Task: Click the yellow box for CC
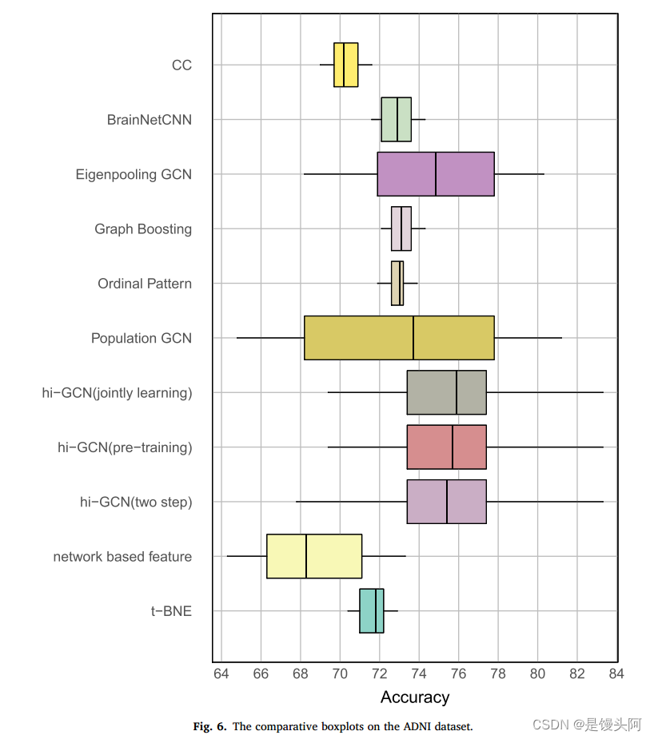click(345, 65)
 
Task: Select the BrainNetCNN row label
click(150, 120)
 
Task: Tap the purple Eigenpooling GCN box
click(435, 174)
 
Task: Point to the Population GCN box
click(399, 338)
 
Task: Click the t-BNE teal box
click(371, 611)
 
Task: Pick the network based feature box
click(313, 556)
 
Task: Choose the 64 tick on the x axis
click(221, 673)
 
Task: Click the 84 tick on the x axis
click(615, 673)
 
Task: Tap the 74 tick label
click(418, 673)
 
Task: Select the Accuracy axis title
click(415, 697)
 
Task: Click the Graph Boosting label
click(143, 229)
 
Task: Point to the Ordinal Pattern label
click(145, 284)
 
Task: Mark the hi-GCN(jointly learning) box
click(446, 392)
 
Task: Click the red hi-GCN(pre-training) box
click(446, 447)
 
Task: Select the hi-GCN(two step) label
click(136, 503)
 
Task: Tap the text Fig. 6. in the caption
click(210, 727)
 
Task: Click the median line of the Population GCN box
click(413, 338)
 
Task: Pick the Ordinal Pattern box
click(397, 284)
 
